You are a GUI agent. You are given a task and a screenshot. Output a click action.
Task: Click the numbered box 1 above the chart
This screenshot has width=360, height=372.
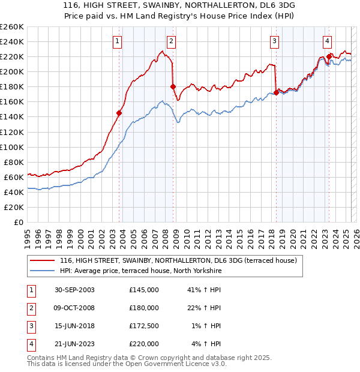(116, 41)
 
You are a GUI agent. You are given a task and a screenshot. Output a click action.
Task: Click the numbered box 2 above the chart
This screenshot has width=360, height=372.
(171, 41)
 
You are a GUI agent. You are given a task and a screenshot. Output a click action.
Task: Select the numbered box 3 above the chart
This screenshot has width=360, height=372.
(274, 41)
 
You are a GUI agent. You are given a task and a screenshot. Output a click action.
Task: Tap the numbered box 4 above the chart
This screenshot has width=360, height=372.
(328, 41)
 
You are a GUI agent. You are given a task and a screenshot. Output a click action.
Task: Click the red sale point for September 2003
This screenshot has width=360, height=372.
(119, 113)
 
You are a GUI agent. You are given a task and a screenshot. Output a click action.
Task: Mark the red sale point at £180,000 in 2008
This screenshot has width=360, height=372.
(173, 86)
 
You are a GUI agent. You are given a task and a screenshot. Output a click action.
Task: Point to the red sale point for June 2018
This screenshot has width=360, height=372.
(276, 92)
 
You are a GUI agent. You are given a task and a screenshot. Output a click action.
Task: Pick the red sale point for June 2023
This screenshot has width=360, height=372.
(329, 56)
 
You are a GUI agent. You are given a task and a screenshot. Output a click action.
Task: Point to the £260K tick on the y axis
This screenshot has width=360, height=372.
(12, 26)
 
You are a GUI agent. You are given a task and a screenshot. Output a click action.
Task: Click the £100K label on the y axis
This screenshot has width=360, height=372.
(12, 147)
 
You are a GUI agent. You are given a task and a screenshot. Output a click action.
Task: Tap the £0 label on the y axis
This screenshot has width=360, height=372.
(19, 222)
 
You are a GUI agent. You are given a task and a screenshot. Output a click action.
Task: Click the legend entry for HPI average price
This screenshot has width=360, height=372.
(141, 271)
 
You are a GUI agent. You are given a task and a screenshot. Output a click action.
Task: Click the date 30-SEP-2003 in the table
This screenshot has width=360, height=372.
(74, 290)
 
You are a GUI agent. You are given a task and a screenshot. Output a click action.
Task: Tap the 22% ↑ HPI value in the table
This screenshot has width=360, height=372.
(206, 308)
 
